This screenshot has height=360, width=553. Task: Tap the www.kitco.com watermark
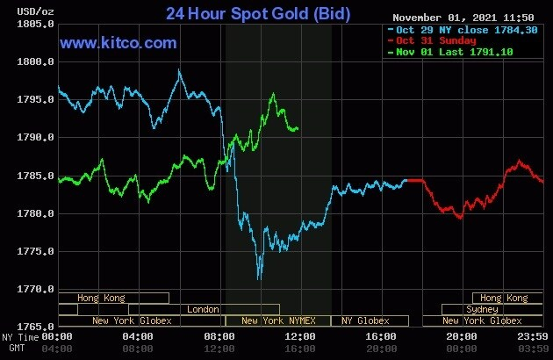click(118, 42)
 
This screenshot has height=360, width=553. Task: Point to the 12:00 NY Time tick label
click(301, 337)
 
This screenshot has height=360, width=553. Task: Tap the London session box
click(204, 309)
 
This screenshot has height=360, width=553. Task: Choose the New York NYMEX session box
click(276, 320)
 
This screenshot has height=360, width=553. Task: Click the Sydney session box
click(482, 309)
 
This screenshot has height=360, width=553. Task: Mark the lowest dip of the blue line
click(258, 279)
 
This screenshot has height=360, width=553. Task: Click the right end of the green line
click(298, 128)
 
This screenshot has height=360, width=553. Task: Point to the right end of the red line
click(542, 182)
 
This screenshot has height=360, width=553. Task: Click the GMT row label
click(11, 348)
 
